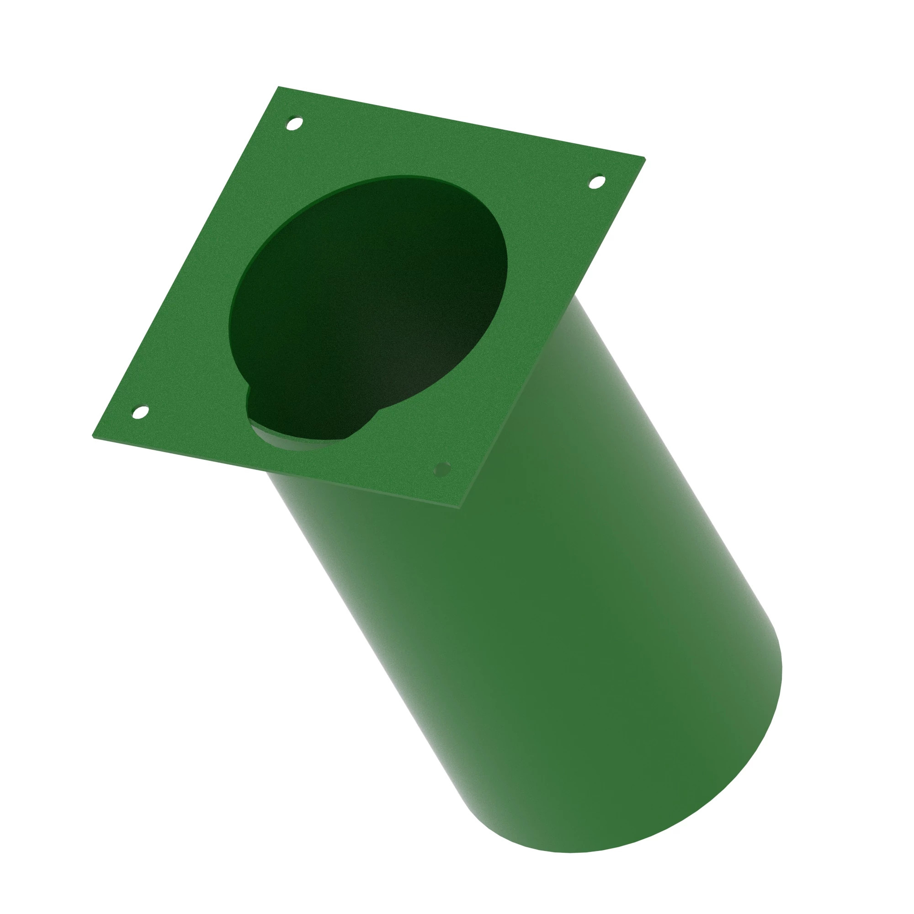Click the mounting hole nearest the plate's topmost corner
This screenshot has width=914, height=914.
295,123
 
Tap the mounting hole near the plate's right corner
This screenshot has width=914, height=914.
596,182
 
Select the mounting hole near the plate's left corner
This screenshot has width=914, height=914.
139,412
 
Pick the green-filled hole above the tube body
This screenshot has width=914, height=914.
442,469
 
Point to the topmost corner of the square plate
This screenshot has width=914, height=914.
279,87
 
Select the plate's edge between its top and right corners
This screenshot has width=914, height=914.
461,122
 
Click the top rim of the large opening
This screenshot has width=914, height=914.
402,178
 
